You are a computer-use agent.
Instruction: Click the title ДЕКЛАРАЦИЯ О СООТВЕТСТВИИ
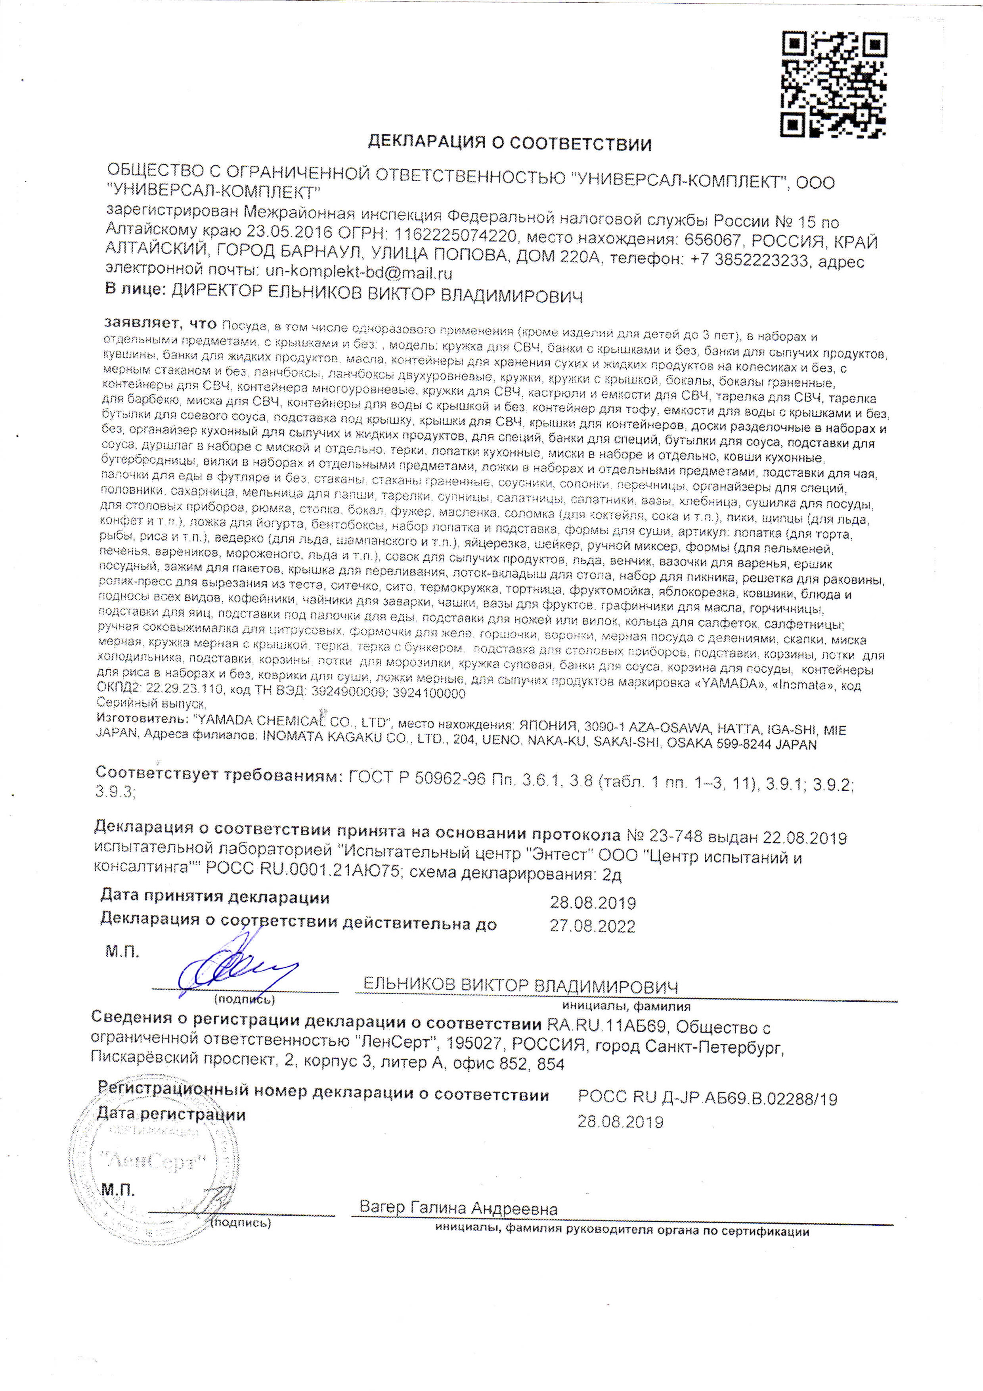coord(510,144)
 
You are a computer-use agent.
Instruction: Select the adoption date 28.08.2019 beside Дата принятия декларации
coord(592,903)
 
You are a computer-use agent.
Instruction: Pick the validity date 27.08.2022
coord(592,926)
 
